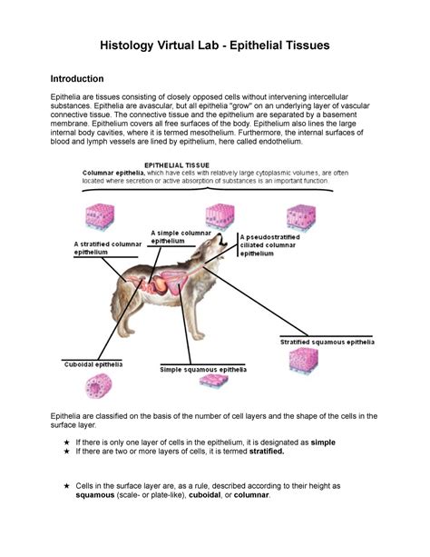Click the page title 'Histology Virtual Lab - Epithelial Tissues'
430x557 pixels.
click(x=214, y=45)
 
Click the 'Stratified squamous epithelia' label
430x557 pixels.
click(x=327, y=342)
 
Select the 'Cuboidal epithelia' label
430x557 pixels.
click(x=92, y=364)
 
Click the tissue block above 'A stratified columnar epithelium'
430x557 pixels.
click(x=99, y=216)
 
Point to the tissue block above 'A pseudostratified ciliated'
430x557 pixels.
click(x=300, y=216)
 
